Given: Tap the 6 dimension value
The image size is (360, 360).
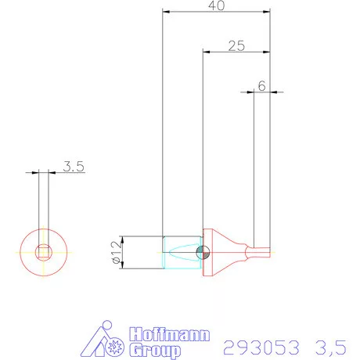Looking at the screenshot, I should pos(262,85).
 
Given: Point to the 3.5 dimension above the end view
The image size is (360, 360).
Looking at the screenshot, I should pos(74,166).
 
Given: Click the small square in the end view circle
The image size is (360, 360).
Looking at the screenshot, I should pos(43,252).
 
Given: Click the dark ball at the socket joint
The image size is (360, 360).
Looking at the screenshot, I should pos(203,252).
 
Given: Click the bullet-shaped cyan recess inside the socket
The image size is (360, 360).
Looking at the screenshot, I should pos(183,252).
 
